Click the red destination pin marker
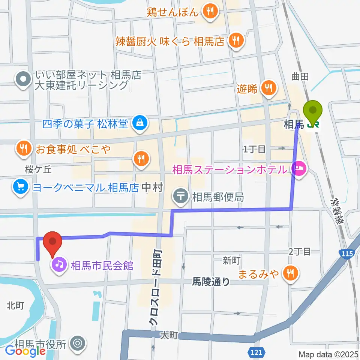tap(53, 242)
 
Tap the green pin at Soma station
tap(315, 111)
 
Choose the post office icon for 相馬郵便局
tap(181, 196)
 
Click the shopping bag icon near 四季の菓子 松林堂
tap(139, 123)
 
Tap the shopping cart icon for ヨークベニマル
tap(20, 186)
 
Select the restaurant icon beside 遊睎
tap(268, 88)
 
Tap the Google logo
tap(25, 351)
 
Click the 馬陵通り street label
tap(211, 281)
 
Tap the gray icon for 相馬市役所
tap(78, 343)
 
